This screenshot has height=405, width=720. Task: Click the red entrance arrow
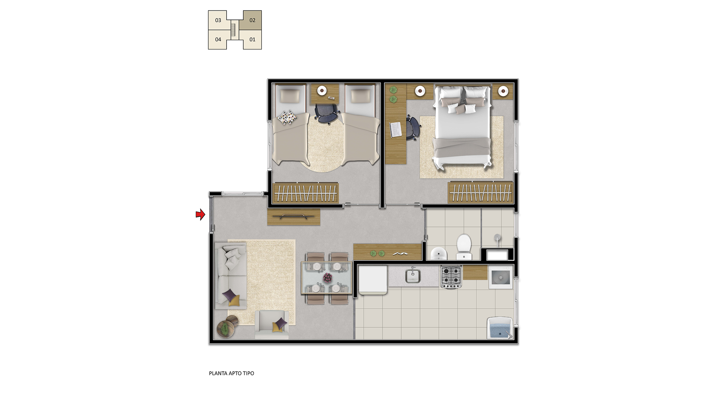click(x=201, y=214)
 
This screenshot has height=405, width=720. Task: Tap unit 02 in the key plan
click(x=252, y=20)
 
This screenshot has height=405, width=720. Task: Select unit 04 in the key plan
click(x=218, y=39)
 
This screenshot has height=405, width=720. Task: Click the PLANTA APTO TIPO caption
click(x=231, y=373)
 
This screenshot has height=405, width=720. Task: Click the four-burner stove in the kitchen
click(x=451, y=277)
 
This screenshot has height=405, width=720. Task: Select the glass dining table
click(x=327, y=278)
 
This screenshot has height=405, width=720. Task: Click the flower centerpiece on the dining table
click(x=328, y=278)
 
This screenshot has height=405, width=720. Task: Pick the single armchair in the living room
click(x=272, y=324)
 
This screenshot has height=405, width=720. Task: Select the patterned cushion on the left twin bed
click(x=287, y=117)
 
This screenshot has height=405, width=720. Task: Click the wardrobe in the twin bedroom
click(x=306, y=193)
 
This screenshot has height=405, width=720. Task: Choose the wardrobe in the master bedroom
click(x=480, y=192)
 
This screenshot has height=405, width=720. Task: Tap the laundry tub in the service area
click(x=500, y=328)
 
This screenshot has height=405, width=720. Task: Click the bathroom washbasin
click(x=438, y=253)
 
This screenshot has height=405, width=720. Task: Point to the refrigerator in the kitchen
click(x=373, y=280)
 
